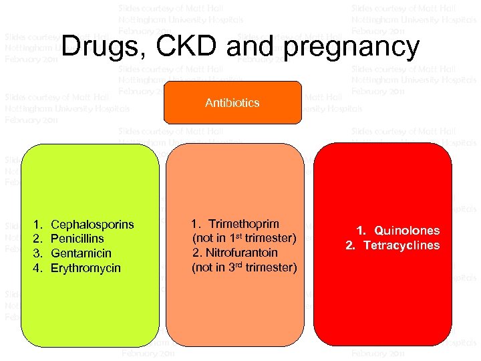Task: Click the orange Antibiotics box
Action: click(232, 103)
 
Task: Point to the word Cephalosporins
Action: click(92, 225)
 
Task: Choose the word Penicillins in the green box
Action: click(77, 239)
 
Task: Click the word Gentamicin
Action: click(81, 253)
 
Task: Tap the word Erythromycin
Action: click(86, 268)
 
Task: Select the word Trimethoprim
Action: click(244, 224)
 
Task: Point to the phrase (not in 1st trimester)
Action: click(244, 238)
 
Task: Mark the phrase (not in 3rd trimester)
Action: click(244, 267)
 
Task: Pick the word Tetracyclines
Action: click(402, 245)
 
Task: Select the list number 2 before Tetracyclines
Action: click(349, 245)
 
